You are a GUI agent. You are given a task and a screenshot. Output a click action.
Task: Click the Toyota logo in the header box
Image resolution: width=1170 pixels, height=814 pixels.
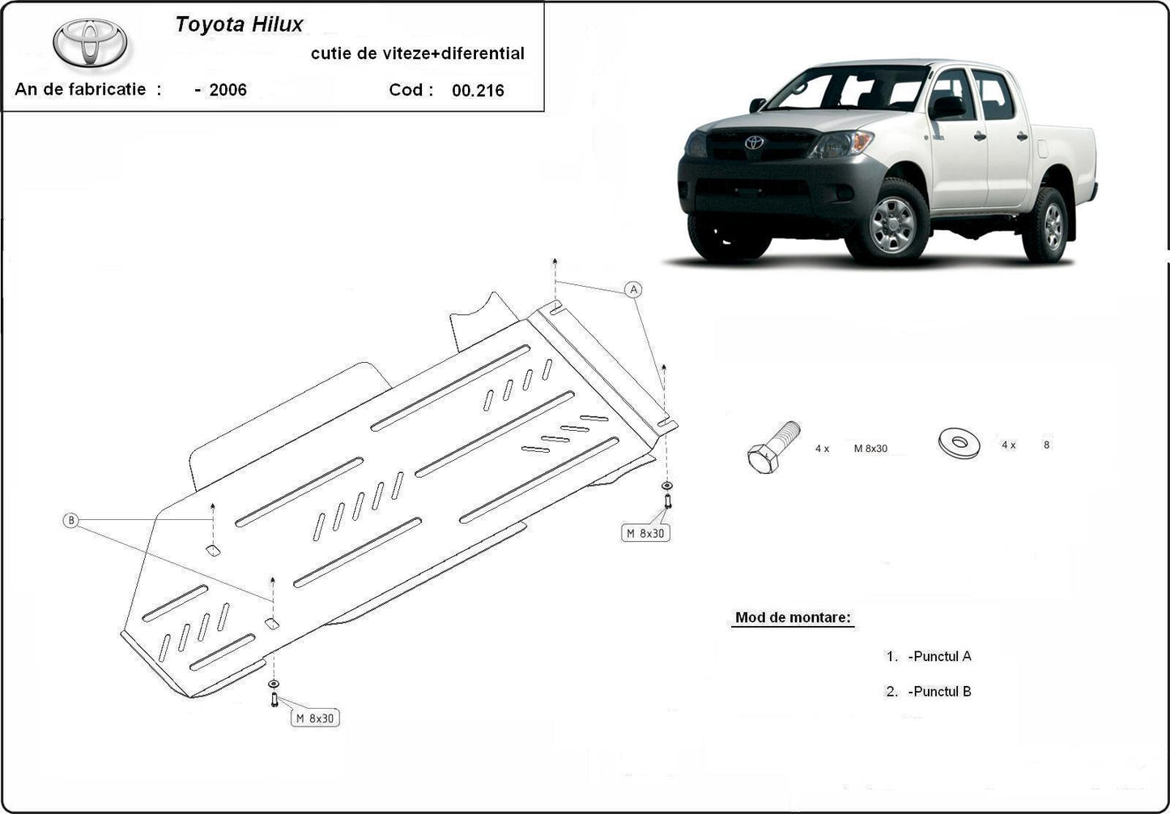pyautogui.click(x=91, y=42)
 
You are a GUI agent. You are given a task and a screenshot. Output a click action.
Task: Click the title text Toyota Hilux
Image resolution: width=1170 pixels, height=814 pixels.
pyautogui.click(x=239, y=24)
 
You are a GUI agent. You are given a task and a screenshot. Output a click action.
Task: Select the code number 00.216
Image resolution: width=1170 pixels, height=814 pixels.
pyautogui.click(x=478, y=91)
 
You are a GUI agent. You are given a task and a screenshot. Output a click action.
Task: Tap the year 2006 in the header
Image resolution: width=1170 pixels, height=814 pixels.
pyautogui.click(x=228, y=90)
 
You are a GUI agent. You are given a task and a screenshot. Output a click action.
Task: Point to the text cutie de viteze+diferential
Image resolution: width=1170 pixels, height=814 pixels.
pyautogui.click(x=417, y=53)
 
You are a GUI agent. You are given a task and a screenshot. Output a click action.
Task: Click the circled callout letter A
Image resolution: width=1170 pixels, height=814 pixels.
pyautogui.click(x=634, y=289)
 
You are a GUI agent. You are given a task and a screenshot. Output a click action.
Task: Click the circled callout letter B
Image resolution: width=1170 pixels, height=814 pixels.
pyautogui.click(x=71, y=520)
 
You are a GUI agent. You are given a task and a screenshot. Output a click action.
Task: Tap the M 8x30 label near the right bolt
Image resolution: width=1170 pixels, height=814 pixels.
pyautogui.click(x=646, y=533)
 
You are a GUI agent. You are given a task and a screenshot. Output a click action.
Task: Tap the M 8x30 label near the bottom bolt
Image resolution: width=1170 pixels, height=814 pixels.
pyautogui.click(x=315, y=718)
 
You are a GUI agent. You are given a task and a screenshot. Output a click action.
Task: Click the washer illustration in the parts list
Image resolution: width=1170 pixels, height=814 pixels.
pyautogui.click(x=959, y=442)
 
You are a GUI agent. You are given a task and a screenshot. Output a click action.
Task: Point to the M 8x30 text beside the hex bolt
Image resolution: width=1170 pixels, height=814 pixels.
pyautogui.click(x=870, y=448)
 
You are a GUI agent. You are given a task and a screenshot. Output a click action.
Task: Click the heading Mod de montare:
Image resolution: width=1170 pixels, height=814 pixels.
pyautogui.click(x=793, y=617)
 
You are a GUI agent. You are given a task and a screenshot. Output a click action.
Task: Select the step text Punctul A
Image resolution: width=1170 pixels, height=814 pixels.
pyautogui.click(x=939, y=656)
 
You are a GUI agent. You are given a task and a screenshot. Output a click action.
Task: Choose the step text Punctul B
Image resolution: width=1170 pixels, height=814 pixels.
pyautogui.click(x=939, y=692)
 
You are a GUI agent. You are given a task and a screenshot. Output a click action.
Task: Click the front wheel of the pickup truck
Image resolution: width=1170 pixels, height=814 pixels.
pyautogui.click(x=895, y=221)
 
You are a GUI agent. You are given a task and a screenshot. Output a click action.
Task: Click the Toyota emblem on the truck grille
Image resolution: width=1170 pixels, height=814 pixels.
pyautogui.click(x=754, y=143)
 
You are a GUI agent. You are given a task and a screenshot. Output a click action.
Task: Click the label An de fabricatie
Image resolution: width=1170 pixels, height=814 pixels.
pyautogui.click(x=81, y=89)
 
